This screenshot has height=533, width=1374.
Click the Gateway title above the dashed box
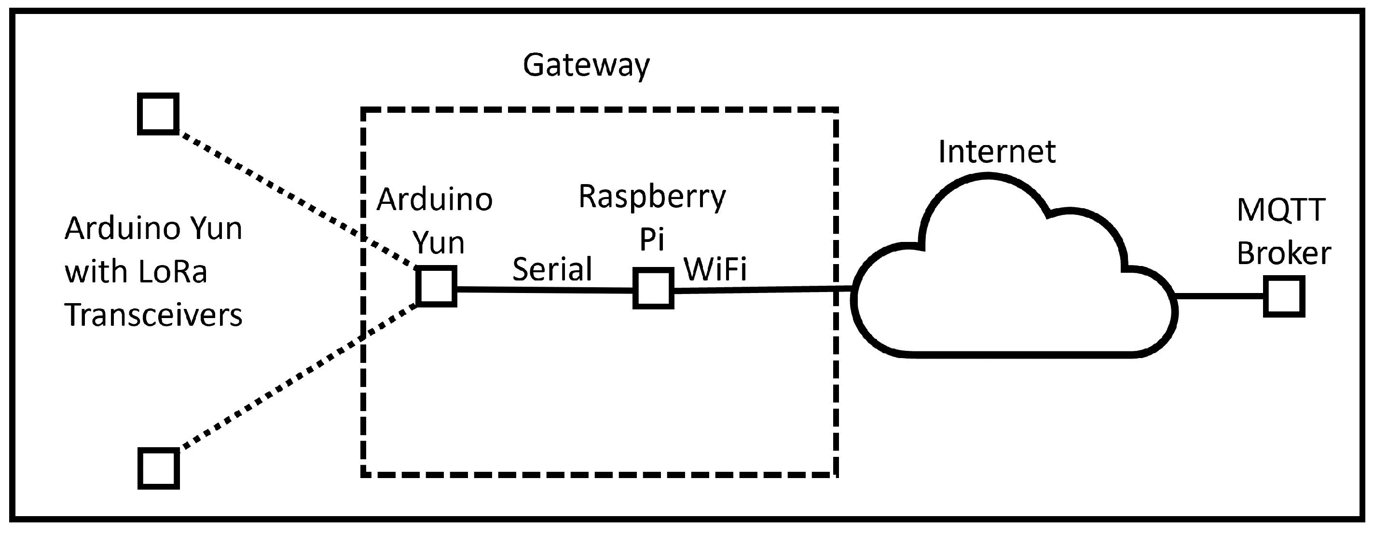[586, 66]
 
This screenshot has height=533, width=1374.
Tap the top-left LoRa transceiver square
[158, 114]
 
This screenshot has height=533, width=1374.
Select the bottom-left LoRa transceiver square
[158, 468]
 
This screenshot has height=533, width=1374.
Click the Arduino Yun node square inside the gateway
[436, 287]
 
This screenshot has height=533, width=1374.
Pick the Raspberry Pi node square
[653, 289]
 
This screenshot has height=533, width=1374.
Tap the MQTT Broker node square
[1284, 296]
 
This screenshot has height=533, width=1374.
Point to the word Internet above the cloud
[996, 152]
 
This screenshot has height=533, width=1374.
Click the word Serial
[552, 269]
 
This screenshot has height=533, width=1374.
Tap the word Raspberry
[652, 197]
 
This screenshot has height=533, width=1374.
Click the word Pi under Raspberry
[651, 240]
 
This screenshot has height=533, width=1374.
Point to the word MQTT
[1281, 211]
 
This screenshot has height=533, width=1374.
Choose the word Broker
[1283, 253]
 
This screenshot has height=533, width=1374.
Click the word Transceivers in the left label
[153, 315]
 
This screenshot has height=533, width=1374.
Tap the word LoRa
[172, 272]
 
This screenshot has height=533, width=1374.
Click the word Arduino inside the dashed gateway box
[434, 200]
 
